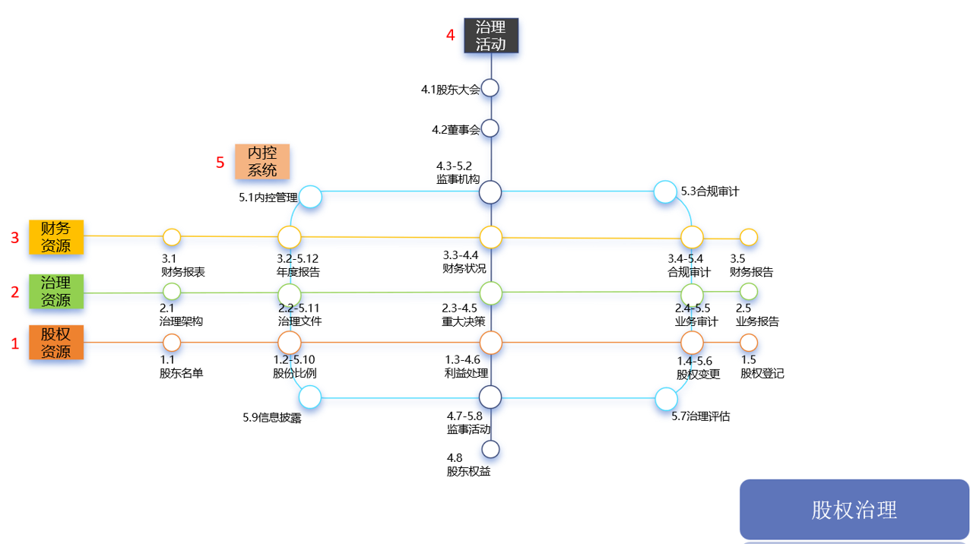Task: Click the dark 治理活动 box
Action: (x=491, y=36)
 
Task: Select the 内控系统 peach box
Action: (x=262, y=162)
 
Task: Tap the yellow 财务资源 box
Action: (x=56, y=237)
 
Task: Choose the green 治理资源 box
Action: (x=56, y=291)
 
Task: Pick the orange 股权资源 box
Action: (x=56, y=343)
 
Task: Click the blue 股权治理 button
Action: (x=854, y=510)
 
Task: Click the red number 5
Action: (x=220, y=163)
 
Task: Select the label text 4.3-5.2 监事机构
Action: (x=458, y=172)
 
